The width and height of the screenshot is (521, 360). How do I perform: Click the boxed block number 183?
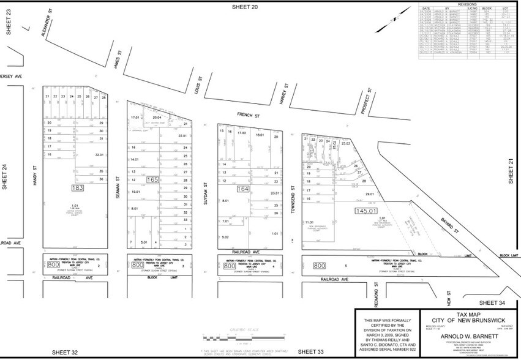(77, 188)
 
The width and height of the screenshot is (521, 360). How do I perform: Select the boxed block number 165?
(154, 180)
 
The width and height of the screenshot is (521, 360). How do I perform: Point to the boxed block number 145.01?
(365, 211)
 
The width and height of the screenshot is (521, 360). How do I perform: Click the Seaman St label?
(116, 184)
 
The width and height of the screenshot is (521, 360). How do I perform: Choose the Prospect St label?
(366, 100)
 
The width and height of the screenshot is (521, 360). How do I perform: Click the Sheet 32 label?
(66, 352)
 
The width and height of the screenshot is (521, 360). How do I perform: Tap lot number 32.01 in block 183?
(99, 155)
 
